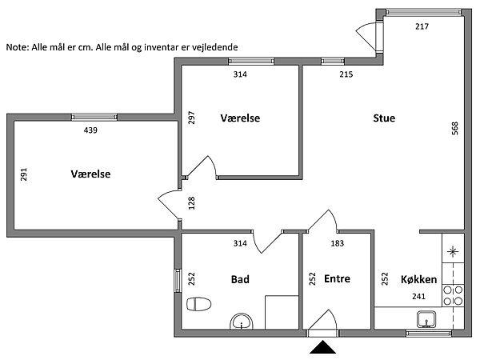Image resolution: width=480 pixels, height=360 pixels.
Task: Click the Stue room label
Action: coord(384,118)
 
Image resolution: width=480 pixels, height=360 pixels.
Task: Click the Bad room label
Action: coord(239,279)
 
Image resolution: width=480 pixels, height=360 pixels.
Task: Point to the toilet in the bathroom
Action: coord(198,305)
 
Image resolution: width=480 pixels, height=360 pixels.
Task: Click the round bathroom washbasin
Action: coord(240,322)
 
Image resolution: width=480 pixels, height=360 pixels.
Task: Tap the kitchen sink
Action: coord(427,320)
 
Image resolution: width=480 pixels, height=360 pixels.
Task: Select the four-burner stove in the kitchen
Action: coord(454,295)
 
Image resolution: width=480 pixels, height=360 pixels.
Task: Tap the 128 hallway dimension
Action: coord(191,203)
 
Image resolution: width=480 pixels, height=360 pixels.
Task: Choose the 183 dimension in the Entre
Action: coord(337,242)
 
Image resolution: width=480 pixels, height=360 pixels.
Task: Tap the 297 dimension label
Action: coord(191,118)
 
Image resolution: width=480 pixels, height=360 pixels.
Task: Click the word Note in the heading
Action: coord(17,47)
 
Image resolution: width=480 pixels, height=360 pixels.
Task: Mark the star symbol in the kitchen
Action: coord(454,252)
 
